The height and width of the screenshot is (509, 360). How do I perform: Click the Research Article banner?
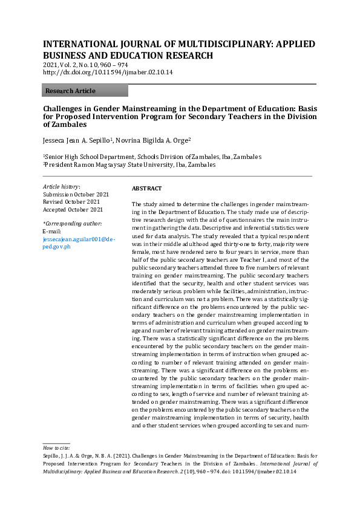point(85,91)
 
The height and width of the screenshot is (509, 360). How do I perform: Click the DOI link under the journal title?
point(108,72)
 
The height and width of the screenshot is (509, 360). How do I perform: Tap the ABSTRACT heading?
point(147,189)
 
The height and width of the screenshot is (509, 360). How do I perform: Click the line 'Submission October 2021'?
point(76,195)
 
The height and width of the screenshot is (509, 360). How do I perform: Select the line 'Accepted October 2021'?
point(73,209)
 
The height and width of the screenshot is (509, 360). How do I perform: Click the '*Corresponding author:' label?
point(72,224)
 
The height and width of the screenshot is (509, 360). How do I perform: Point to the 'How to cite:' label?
point(56,447)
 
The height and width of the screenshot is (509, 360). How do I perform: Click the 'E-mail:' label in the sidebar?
point(52,232)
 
